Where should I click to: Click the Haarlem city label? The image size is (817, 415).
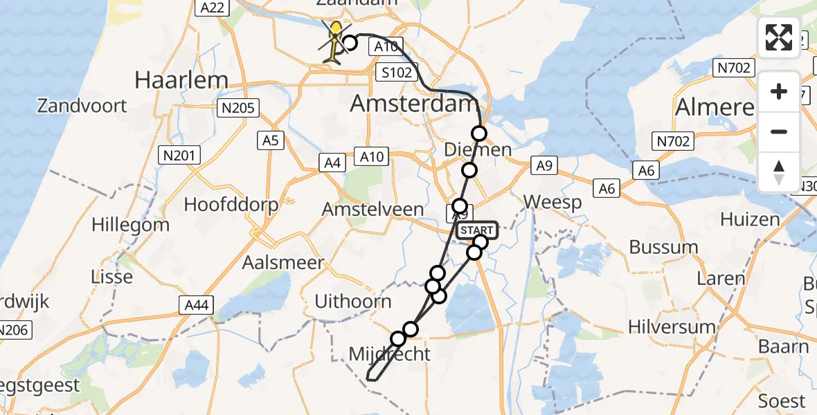[181, 80]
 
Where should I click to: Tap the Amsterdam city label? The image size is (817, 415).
[413, 104]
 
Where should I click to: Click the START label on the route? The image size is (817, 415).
[476, 230]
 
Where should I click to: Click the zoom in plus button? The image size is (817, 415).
[779, 91]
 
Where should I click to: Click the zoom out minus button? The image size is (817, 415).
[779, 131]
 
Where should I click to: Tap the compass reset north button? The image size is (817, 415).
[779, 172]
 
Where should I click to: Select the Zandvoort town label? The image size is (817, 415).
[82, 106]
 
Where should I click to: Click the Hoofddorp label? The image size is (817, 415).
[231, 205]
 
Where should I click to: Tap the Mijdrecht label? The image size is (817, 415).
[389, 354]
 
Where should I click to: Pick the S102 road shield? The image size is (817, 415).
[393, 73]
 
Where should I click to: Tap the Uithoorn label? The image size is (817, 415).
[353, 301]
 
